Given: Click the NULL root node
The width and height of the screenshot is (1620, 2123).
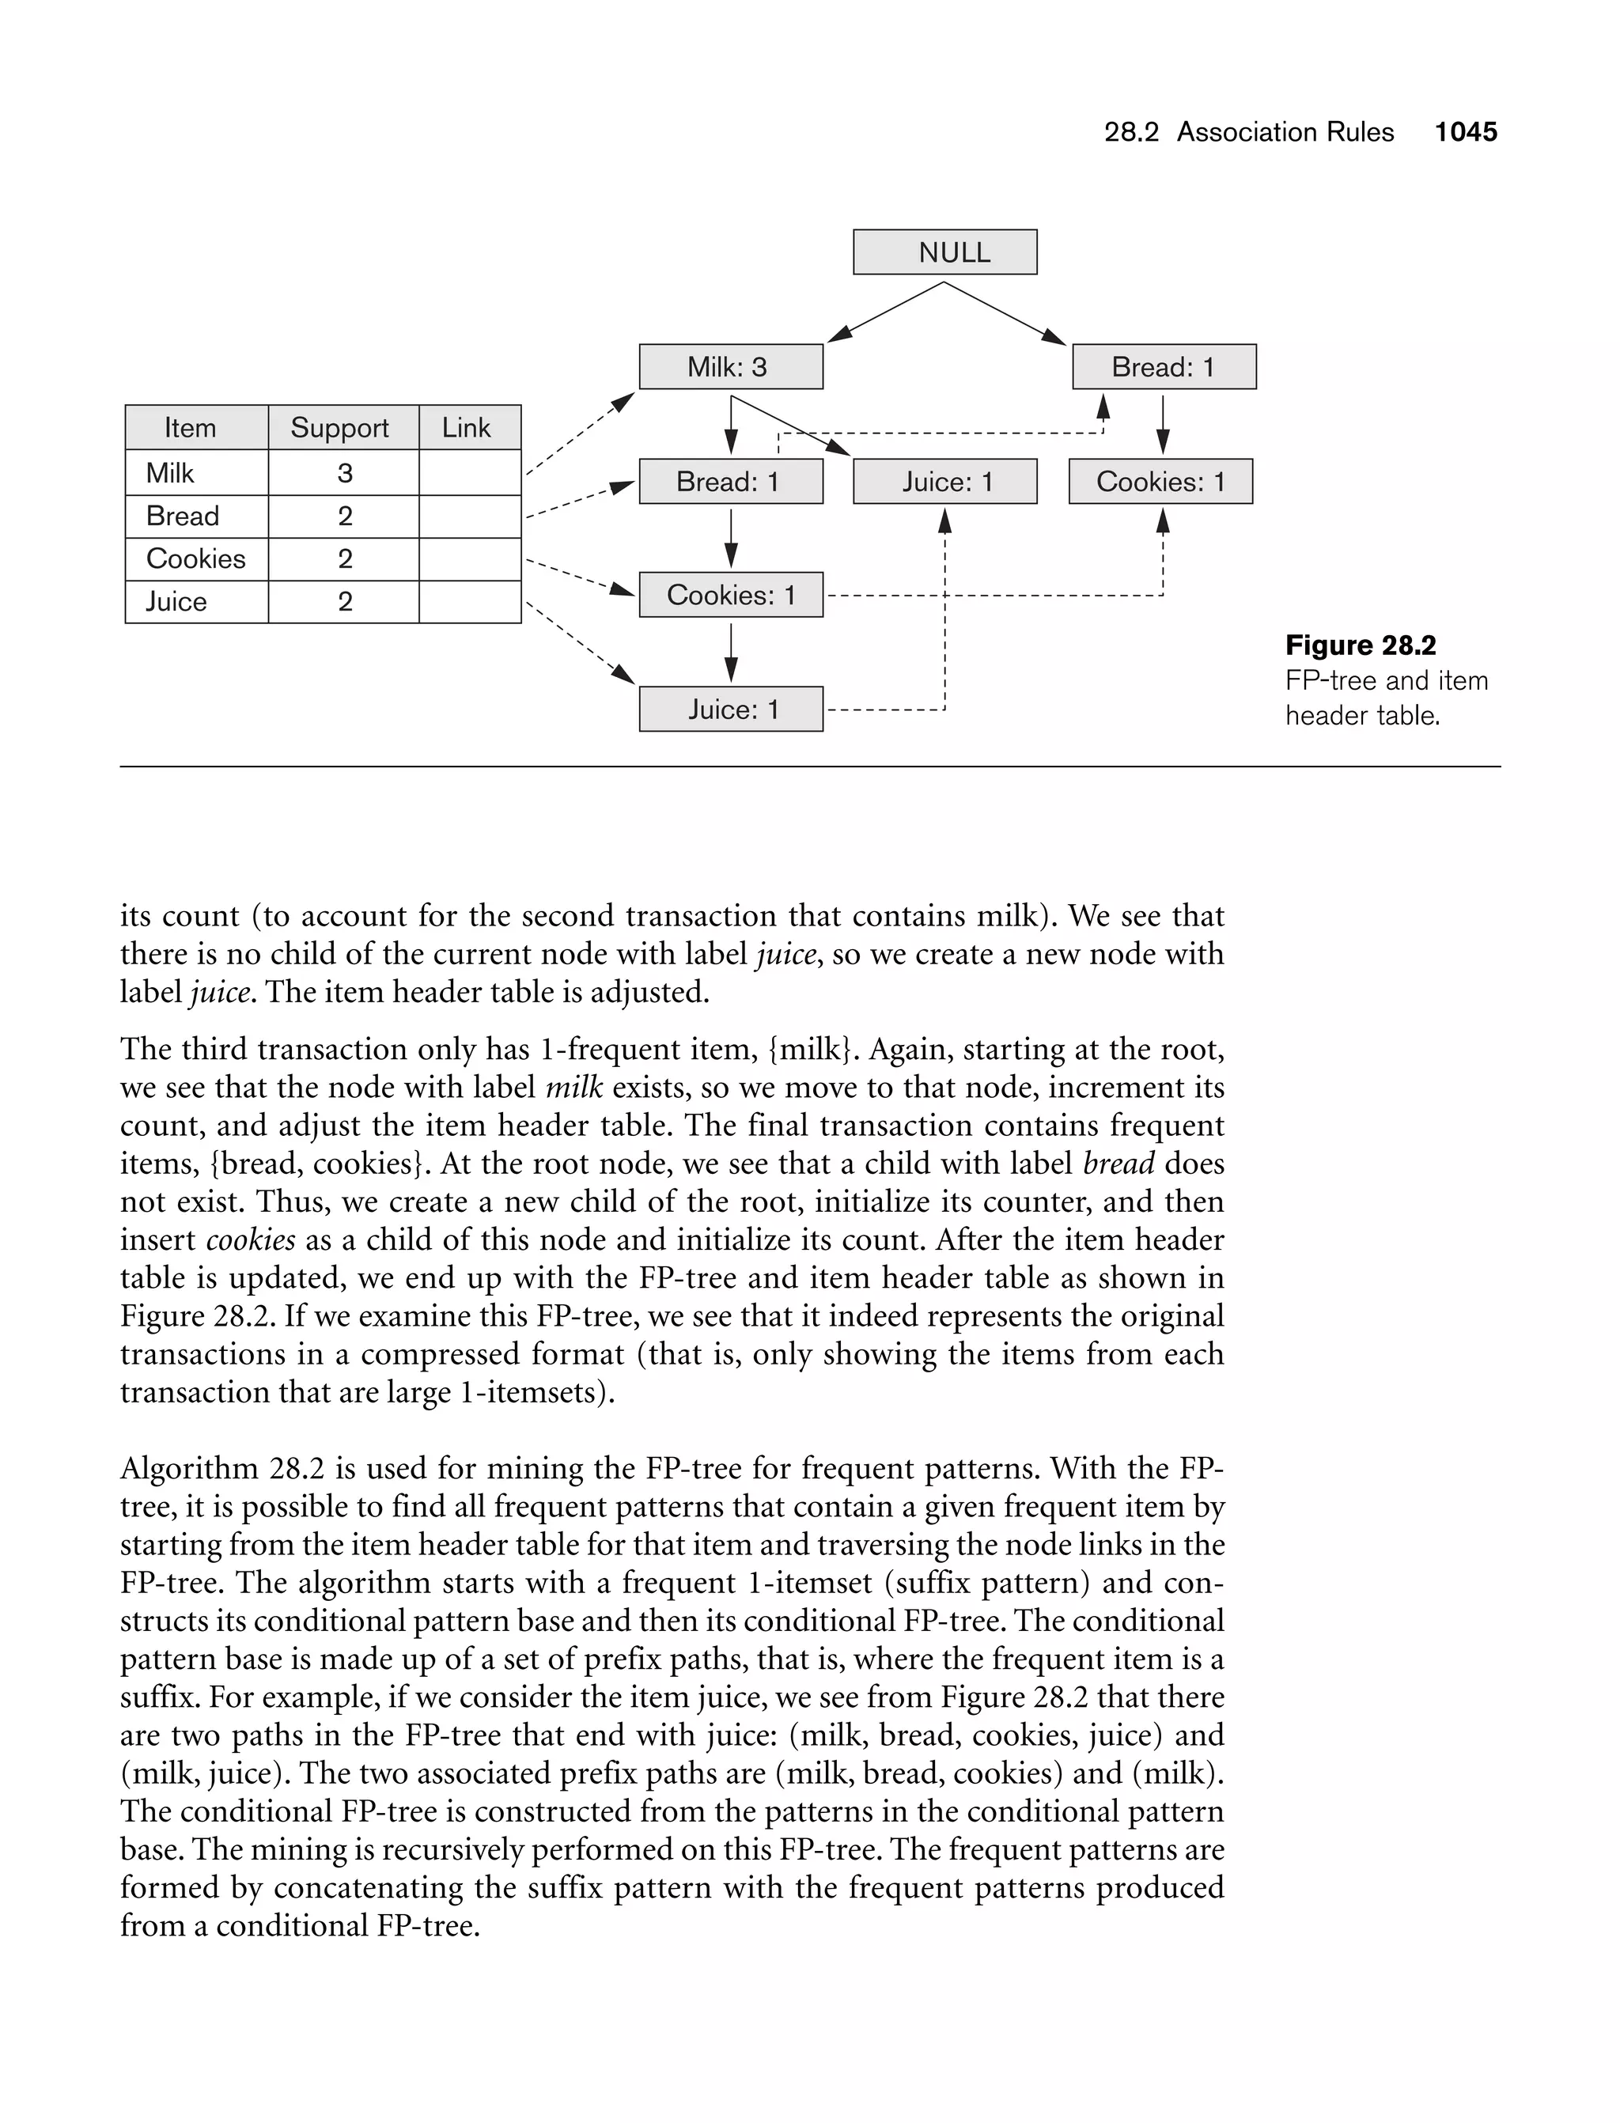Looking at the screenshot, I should click(x=945, y=252).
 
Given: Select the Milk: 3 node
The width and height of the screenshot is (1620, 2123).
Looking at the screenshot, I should click(x=731, y=366).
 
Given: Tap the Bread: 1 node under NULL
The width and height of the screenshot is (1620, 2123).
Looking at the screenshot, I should click(x=1164, y=366).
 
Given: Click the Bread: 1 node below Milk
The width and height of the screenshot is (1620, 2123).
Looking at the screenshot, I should click(x=731, y=481).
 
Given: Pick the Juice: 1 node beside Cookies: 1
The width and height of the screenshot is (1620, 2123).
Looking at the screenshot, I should click(x=945, y=481).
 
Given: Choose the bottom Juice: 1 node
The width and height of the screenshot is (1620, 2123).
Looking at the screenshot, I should click(x=731, y=710).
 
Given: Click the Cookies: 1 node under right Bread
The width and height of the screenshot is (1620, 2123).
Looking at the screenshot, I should click(x=1160, y=481).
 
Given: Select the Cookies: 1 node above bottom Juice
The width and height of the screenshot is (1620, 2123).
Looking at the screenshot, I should click(x=731, y=595).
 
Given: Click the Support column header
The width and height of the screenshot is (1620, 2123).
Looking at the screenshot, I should click(x=339, y=427).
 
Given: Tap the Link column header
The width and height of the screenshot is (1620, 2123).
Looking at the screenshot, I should click(x=467, y=427).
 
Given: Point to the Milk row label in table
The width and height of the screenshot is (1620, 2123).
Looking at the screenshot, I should click(x=170, y=472).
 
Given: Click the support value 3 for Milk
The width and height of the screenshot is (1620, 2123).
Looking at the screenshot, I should click(x=344, y=472).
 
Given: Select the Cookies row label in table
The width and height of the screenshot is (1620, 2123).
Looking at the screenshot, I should click(x=195, y=558).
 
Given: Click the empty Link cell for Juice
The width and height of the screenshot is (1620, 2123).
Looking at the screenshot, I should click(x=470, y=602).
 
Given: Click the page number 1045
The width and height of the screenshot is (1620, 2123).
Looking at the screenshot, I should click(x=1466, y=132).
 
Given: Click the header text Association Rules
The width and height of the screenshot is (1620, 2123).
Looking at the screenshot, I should click(x=1285, y=132).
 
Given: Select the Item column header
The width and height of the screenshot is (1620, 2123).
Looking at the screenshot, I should click(x=190, y=427).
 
